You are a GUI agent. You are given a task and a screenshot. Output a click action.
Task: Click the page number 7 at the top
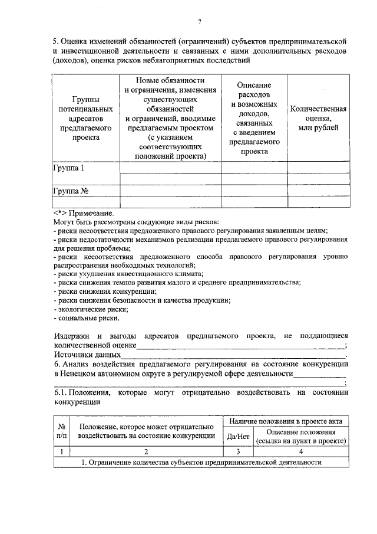pos(200,22)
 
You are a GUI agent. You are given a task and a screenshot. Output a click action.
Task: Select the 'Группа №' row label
pos(71,191)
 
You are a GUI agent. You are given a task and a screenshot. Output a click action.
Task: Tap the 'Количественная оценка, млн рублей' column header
pos(318,118)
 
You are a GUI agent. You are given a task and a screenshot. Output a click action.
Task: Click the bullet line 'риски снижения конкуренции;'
pos(106,291)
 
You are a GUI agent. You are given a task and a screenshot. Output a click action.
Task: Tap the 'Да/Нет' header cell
pos(238,437)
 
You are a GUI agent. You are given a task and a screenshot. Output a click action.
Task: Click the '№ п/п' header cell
pos(61,431)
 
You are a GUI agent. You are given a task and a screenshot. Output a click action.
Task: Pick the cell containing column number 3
pos(238,451)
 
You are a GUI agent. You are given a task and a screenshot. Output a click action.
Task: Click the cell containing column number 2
pos(145,451)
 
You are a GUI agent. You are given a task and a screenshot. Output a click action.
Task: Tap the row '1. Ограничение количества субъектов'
pos(201,463)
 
